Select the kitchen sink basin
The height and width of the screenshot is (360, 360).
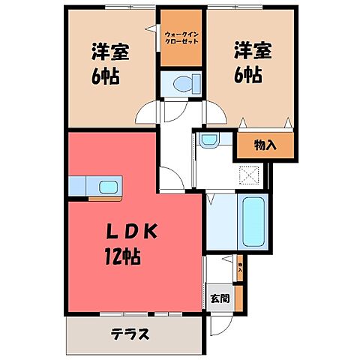point(106,186)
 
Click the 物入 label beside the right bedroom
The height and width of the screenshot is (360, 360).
point(265,144)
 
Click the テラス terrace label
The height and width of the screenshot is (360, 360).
point(130,334)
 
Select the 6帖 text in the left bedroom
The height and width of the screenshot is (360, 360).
point(107,76)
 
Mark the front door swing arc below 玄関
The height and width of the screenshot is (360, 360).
point(220,325)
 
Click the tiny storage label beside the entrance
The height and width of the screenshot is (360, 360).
point(239,266)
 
